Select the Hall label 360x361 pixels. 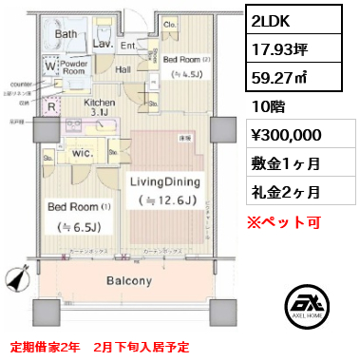(123, 68)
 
